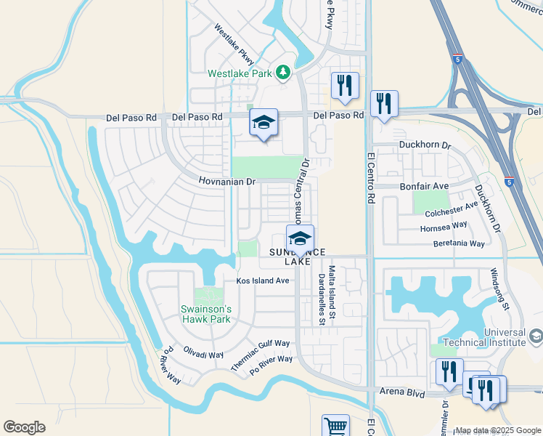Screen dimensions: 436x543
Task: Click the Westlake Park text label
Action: click(x=239, y=73)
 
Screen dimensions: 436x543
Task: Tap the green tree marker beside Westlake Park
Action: click(x=282, y=73)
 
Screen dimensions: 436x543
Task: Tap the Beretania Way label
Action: click(x=459, y=244)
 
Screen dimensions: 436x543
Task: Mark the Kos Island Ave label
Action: click(x=263, y=280)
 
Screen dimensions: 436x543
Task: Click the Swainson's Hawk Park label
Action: click(x=205, y=314)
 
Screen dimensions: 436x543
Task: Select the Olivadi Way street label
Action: click(x=203, y=353)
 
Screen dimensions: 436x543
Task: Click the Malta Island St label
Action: click(x=332, y=292)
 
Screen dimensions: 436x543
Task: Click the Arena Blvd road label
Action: click(x=402, y=391)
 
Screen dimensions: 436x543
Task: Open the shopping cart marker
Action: click(x=335, y=425)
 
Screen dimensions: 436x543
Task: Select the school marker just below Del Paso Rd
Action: click(x=264, y=123)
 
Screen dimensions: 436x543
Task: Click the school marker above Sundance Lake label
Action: click(x=300, y=238)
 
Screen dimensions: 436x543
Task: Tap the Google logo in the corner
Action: click(x=24, y=427)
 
